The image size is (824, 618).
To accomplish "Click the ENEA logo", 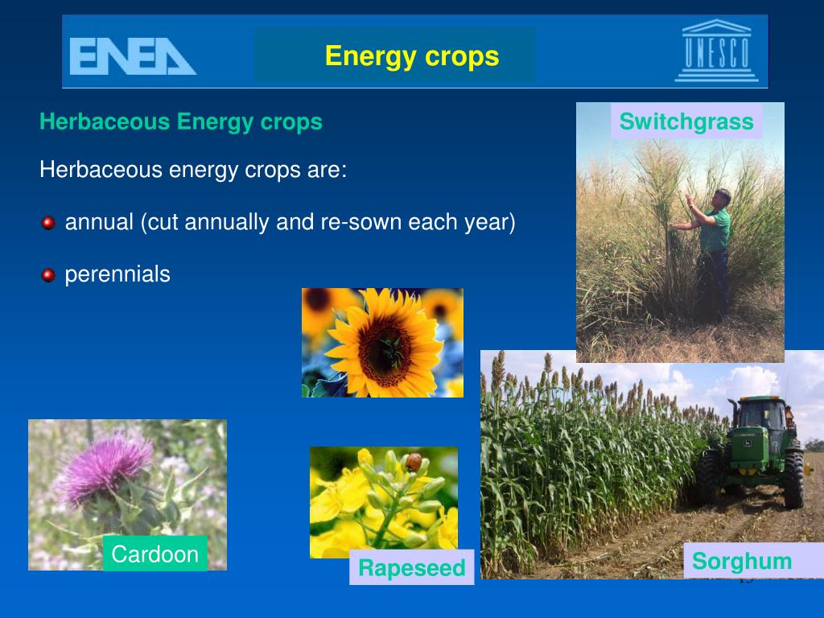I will click(x=133, y=56).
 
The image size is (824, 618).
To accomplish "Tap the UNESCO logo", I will click(x=716, y=52).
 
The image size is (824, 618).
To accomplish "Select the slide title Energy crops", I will click(x=412, y=56).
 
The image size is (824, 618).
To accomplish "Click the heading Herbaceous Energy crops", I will click(x=181, y=122).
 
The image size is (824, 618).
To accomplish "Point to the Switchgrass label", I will click(x=686, y=122).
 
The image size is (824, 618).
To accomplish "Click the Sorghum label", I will click(x=742, y=561).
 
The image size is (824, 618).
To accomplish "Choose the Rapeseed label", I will click(x=412, y=568).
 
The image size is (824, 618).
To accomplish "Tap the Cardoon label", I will click(x=155, y=554).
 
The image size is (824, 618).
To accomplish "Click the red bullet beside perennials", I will click(x=48, y=275).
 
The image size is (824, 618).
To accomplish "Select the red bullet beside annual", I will click(x=48, y=223).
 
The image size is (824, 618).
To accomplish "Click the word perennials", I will click(x=117, y=274).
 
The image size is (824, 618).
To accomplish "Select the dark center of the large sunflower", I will click(x=384, y=347).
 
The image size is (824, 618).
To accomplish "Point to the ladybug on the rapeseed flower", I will click(x=414, y=462).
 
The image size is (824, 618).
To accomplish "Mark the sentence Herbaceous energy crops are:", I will click(x=193, y=171).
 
